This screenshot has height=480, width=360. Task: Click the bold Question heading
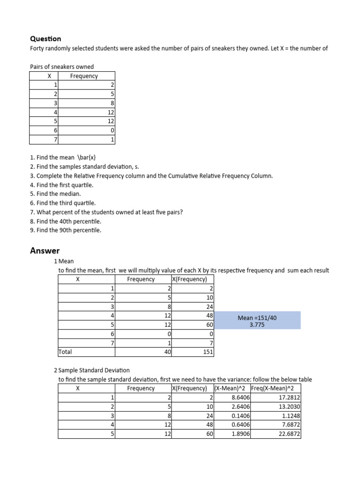point(45,39)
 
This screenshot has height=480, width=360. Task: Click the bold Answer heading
point(45,251)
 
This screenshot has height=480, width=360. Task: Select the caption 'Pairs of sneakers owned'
point(62,67)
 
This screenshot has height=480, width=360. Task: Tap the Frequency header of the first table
point(84,76)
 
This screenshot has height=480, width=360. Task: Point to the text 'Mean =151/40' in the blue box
point(257,317)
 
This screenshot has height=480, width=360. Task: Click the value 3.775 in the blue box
point(257,324)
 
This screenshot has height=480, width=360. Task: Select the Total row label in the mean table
point(66,351)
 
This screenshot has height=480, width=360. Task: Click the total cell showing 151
point(208,351)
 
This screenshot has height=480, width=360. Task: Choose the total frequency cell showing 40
point(167,351)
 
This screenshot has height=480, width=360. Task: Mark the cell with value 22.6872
point(289,434)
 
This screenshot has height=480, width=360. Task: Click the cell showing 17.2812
point(289,397)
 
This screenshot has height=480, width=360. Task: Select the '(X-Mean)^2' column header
point(232,388)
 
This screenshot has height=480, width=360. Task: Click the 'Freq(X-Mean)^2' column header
point(275,388)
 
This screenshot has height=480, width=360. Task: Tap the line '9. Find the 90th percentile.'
point(66,230)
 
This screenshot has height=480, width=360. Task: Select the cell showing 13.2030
point(289,406)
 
